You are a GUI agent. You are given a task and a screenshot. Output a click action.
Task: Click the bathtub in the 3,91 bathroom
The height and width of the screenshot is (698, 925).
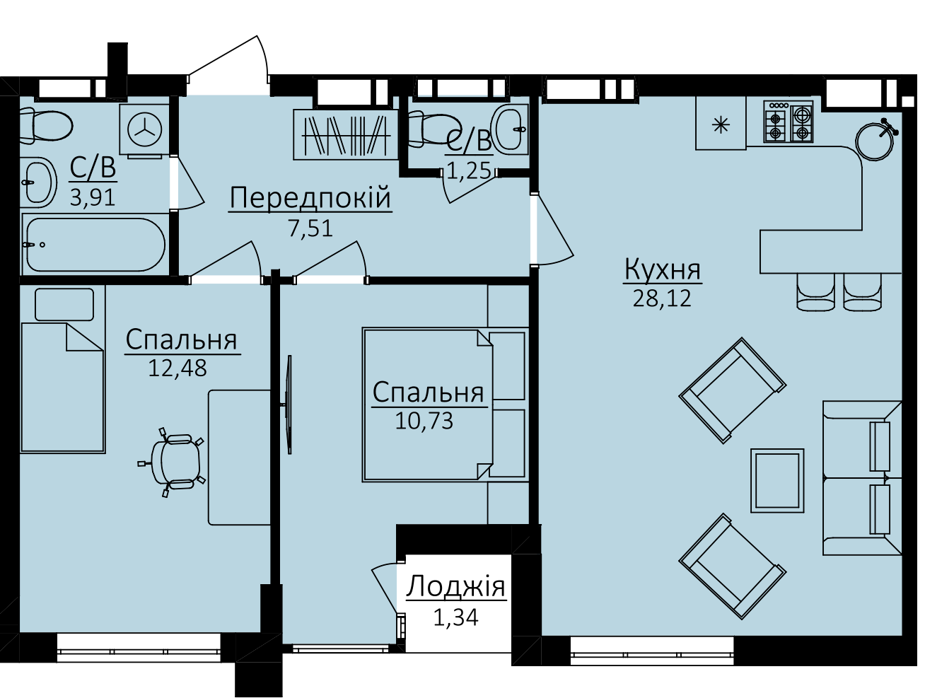click(95, 245)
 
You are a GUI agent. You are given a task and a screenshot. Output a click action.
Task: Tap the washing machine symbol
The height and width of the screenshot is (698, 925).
click(144, 129)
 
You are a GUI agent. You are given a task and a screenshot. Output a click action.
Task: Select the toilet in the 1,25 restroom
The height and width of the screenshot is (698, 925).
click(430, 129)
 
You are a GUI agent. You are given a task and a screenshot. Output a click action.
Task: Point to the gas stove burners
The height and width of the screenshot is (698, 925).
click(788, 122)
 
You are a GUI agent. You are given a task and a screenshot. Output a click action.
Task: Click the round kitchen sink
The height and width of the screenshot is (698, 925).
click(875, 141)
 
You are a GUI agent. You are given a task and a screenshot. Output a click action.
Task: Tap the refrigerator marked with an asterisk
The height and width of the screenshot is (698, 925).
click(721, 123)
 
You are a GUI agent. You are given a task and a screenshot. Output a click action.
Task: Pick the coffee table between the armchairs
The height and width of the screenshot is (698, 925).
click(777, 480)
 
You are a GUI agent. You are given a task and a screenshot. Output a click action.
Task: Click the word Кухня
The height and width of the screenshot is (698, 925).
click(663, 269)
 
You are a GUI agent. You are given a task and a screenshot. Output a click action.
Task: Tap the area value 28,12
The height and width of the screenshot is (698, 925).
click(662, 298)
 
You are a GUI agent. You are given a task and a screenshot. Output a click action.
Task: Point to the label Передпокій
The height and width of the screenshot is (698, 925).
click(310, 198)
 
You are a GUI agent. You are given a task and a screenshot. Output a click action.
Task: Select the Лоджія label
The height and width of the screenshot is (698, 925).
click(456, 587)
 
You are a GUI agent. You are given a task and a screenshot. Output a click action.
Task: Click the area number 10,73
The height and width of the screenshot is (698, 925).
click(424, 421)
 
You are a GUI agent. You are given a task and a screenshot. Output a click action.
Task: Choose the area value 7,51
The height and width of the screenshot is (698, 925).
click(310, 228)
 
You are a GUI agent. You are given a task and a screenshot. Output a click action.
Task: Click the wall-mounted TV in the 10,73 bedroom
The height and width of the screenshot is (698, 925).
click(289, 405)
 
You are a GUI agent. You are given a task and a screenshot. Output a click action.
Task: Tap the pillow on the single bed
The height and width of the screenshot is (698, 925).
click(64, 305)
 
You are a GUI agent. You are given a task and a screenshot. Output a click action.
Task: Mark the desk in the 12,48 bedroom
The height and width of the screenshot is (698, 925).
click(239, 458)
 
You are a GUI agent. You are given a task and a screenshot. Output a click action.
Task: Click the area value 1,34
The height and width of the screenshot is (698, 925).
click(456, 618)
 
